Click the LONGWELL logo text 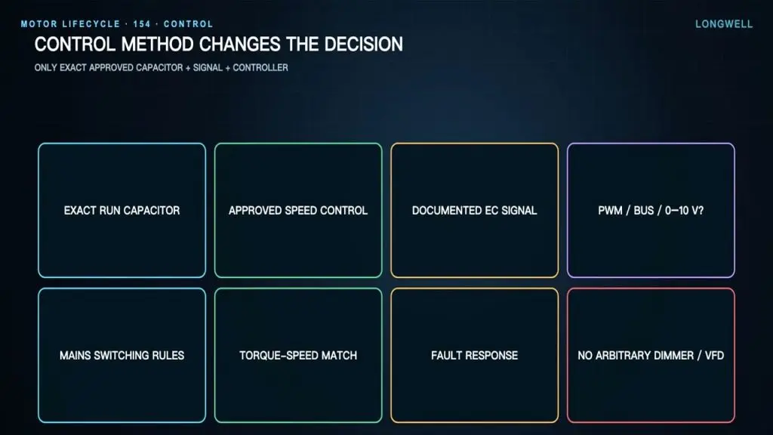tap(724, 24)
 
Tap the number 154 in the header tap(141, 24)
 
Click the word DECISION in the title tap(363, 45)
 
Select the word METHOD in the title tap(157, 45)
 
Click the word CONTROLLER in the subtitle tap(260, 67)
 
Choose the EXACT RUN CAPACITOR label tap(122, 211)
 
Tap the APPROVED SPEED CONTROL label tap(298, 211)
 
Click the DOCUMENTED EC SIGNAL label tap(474, 211)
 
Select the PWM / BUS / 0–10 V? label tap(651, 211)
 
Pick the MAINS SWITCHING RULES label tap(122, 356)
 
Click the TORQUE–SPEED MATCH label tap(298, 356)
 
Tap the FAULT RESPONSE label tap(474, 356)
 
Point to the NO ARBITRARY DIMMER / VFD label tap(651, 356)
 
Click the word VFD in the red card tap(714, 356)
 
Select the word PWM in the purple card tap(610, 211)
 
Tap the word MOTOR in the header tap(39, 24)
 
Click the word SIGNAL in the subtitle tap(208, 67)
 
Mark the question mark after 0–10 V tap(701, 211)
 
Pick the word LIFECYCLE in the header tap(91, 24)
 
